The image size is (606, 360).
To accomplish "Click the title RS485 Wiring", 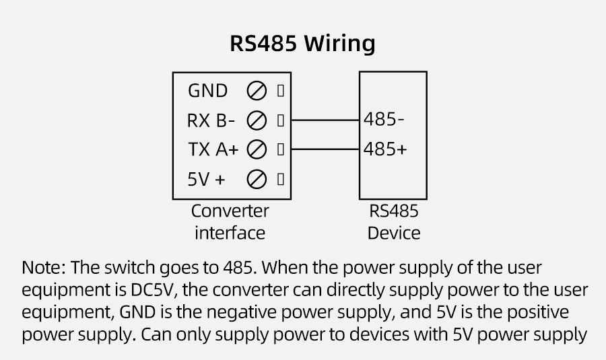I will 302,44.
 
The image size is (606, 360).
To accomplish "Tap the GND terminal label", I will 207,90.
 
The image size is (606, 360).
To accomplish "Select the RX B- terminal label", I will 211,120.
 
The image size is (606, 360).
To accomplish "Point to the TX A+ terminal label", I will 213,149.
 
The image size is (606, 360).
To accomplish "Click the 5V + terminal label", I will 206,180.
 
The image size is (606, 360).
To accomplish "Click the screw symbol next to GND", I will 257,90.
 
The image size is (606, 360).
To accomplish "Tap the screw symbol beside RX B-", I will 257,120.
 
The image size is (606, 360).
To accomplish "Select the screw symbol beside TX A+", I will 257,149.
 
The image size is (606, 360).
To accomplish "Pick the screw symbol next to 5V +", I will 257,180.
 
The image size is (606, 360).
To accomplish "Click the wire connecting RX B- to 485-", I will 326,120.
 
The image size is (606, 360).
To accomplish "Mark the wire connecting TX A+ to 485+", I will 326,149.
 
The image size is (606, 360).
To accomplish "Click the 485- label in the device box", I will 384,119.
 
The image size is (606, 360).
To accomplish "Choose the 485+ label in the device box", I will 385,149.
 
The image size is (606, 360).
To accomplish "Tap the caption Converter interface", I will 230,221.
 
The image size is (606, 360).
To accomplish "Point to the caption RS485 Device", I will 393,221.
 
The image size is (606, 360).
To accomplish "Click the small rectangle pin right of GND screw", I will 280,90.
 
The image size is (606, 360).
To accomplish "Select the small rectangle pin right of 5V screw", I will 280,180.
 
